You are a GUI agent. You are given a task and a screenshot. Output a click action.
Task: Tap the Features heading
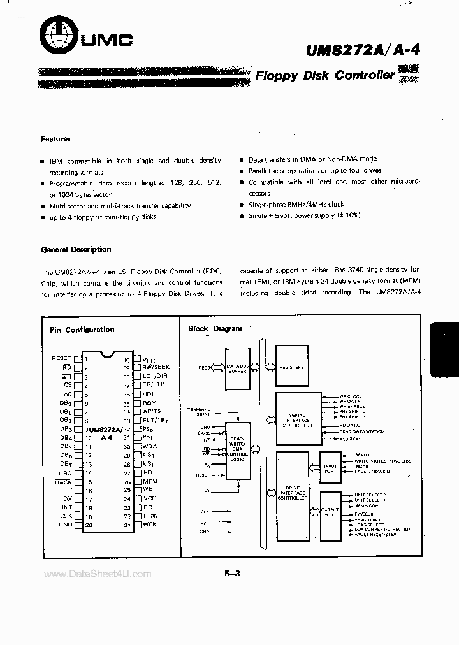pyautogui.click(x=56, y=138)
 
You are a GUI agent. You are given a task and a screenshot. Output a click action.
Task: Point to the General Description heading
pyautogui.click(x=76, y=249)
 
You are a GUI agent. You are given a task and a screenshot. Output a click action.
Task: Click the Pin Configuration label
pyautogui.click(x=82, y=330)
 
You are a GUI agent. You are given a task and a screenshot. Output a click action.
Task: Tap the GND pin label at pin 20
pyautogui.click(x=65, y=525)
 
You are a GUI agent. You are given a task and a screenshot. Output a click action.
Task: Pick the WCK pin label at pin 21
pyautogui.click(x=150, y=525)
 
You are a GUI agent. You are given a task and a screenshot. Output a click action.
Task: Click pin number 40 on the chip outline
pyautogui.click(x=126, y=359)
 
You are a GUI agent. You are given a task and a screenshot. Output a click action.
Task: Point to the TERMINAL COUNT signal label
pyautogui.click(x=198, y=411)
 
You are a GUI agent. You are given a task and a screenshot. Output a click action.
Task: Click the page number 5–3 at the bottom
pyautogui.click(x=231, y=574)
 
